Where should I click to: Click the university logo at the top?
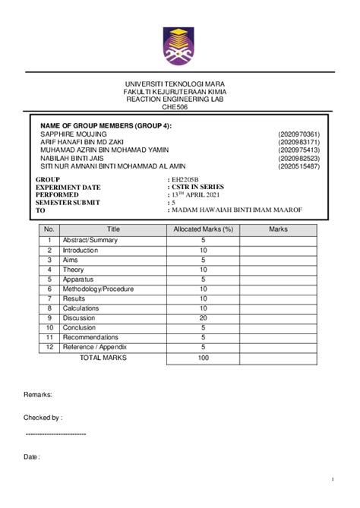[x=179, y=43]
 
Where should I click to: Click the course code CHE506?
[x=179, y=107]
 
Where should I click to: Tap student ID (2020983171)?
[x=298, y=142]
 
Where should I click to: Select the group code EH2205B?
[x=188, y=179]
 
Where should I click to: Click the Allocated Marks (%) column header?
[x=203, y=229]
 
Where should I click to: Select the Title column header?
[x=113, y=229]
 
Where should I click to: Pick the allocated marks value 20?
[x=203, y=317]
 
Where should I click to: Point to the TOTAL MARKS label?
[x=103, y=356]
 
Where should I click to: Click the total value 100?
[x=203, y=356]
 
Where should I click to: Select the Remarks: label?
[x=38, y=396]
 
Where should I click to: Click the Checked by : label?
[x=43, y=417]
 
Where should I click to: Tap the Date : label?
[x=31, y=457]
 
